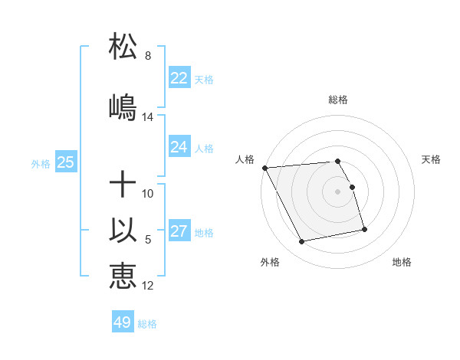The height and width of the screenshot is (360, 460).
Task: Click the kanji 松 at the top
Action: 123,46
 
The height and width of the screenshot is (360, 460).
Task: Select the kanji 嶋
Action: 123,107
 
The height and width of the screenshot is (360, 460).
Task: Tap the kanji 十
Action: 123,185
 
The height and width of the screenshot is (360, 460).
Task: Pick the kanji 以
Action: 123,231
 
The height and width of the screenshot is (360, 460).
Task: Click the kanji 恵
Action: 123,277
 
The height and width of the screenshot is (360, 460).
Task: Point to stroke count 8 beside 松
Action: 147,56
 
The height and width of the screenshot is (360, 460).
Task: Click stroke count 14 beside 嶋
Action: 148,117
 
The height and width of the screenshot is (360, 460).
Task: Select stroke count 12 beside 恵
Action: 148,286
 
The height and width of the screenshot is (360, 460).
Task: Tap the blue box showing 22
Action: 179,78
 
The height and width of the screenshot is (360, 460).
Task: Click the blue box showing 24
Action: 179,147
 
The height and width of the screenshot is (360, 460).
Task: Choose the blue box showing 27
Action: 179,231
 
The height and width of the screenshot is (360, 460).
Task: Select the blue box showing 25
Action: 65,162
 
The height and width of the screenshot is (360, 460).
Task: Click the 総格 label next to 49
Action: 147,324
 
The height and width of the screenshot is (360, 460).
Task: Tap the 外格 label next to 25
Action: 41,164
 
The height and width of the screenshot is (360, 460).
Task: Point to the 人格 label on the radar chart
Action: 245,159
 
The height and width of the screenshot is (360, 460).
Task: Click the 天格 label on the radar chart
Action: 431,159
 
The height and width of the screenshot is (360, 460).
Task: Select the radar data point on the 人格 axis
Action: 264,168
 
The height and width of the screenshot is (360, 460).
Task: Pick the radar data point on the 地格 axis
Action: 364,229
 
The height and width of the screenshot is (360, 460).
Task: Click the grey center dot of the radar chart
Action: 338,191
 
